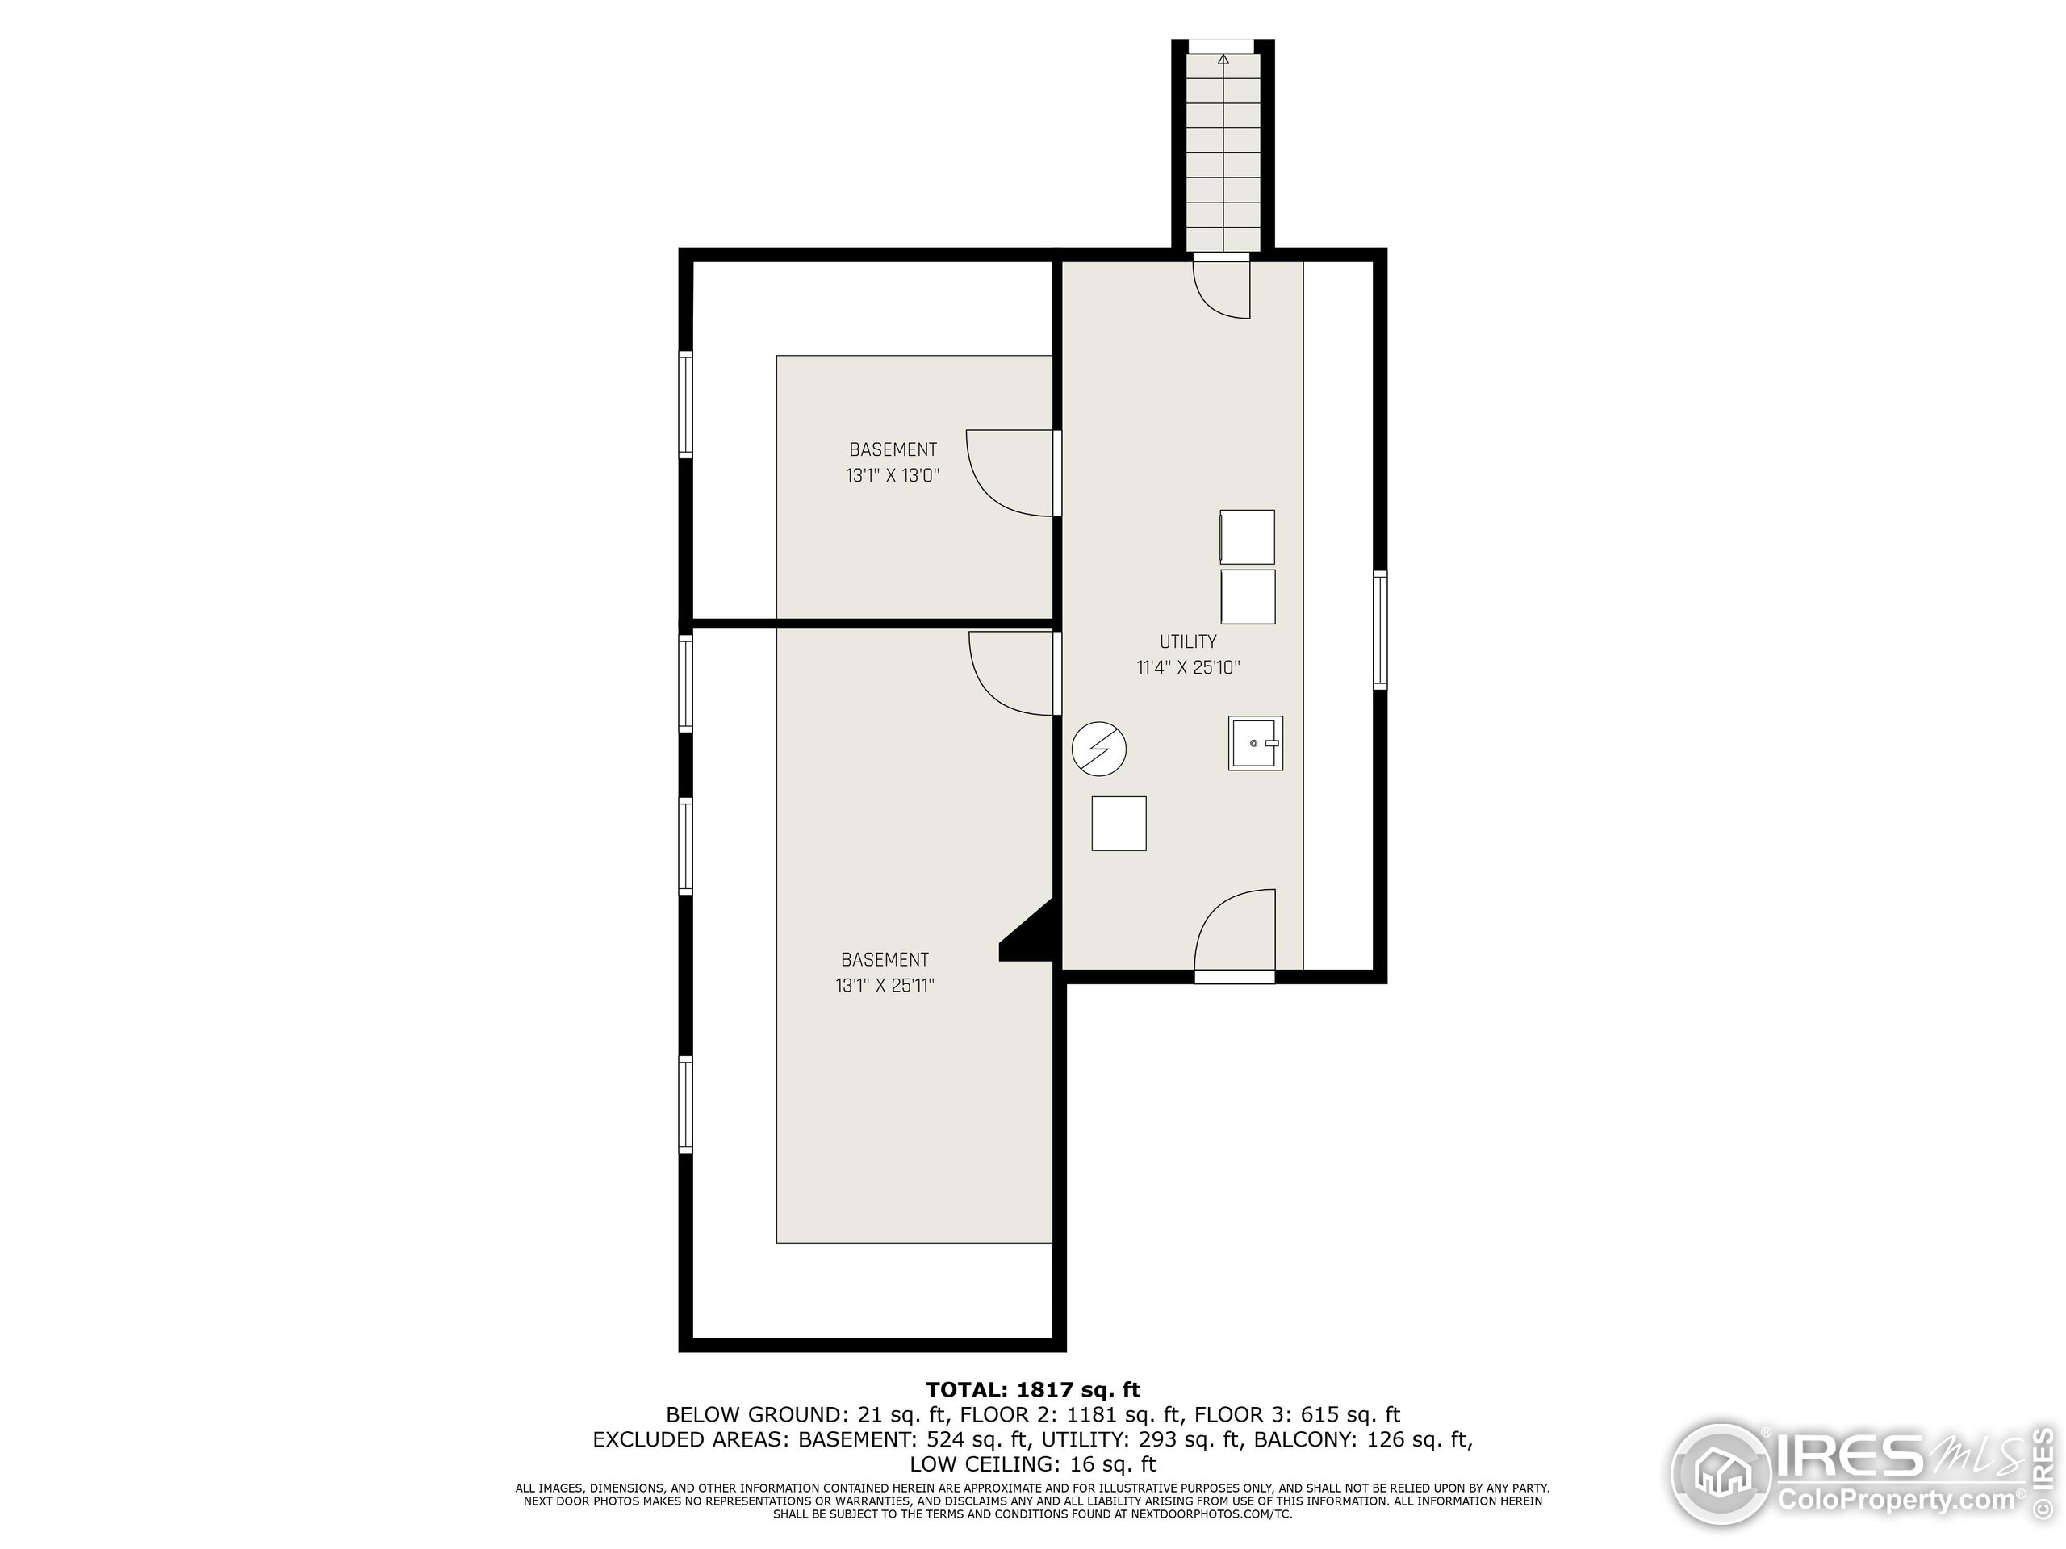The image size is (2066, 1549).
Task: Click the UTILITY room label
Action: pyautogui.click(x=1187, y=641)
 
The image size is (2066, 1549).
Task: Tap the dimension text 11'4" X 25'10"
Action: pyautogui.click(x=1187, y=667)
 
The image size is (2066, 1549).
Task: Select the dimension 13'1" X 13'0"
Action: pyautogui.click(x=892, y=476)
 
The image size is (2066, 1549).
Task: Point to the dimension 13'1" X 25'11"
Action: pyautogui.click(x=885, y=985)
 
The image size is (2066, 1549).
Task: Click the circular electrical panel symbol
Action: pyautogui.click(x=1099, y=748)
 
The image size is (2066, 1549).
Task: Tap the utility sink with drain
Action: pyautogui.click(x=1254, y=743)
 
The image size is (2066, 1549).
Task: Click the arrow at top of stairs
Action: pyautogui.click(x=1223, y=60)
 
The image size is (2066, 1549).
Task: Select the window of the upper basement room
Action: pyautogui.click(x=685, y=404)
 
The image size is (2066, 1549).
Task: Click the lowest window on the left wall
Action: pyautogui.click(x=685, y=1104)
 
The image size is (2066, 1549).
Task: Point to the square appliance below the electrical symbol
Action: pyautogui.click(x=1118, y=824)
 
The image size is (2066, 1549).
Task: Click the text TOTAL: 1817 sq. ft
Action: pyautogui.click(x=1032, y=1390)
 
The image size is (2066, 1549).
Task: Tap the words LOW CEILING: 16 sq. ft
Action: pyautogui.click(x=1032, y=1464)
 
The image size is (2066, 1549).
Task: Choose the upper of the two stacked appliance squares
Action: pyautogui.click(x=1248, y=537)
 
